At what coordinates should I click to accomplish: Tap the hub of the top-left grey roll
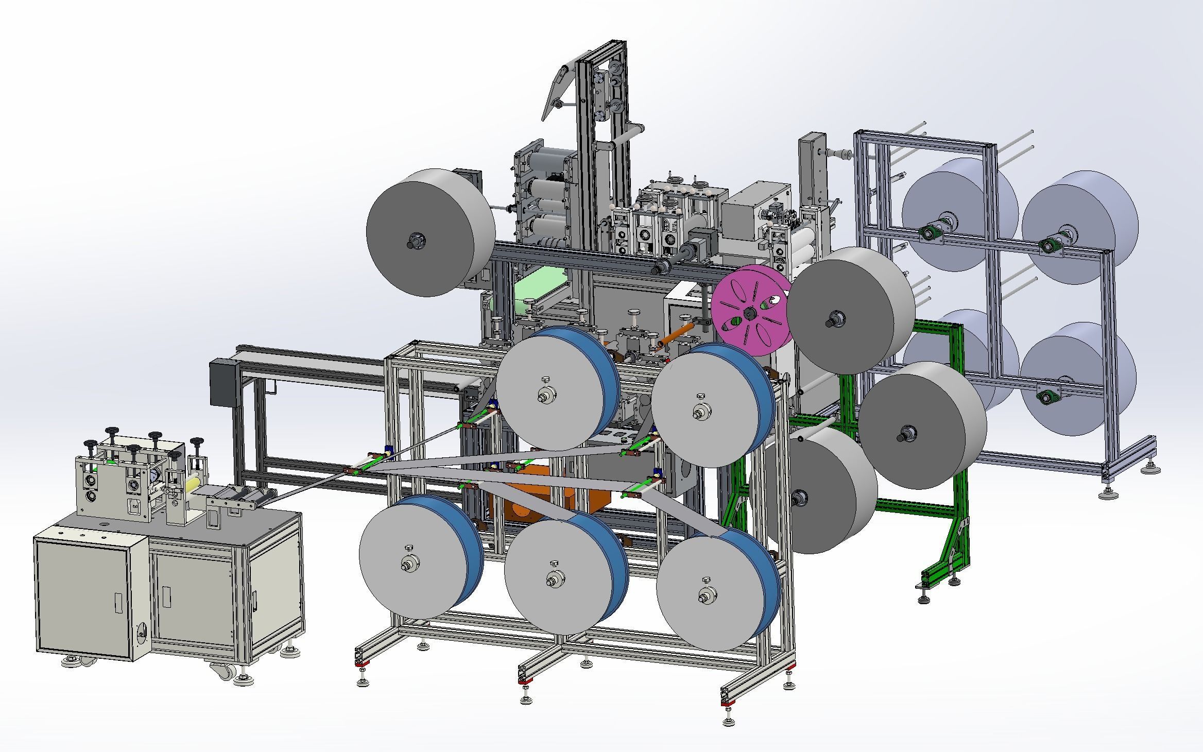[415, 240]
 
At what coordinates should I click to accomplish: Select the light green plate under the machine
[538, 294]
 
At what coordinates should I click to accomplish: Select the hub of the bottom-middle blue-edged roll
[554, 579]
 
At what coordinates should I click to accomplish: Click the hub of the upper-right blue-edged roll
[699, 413]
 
